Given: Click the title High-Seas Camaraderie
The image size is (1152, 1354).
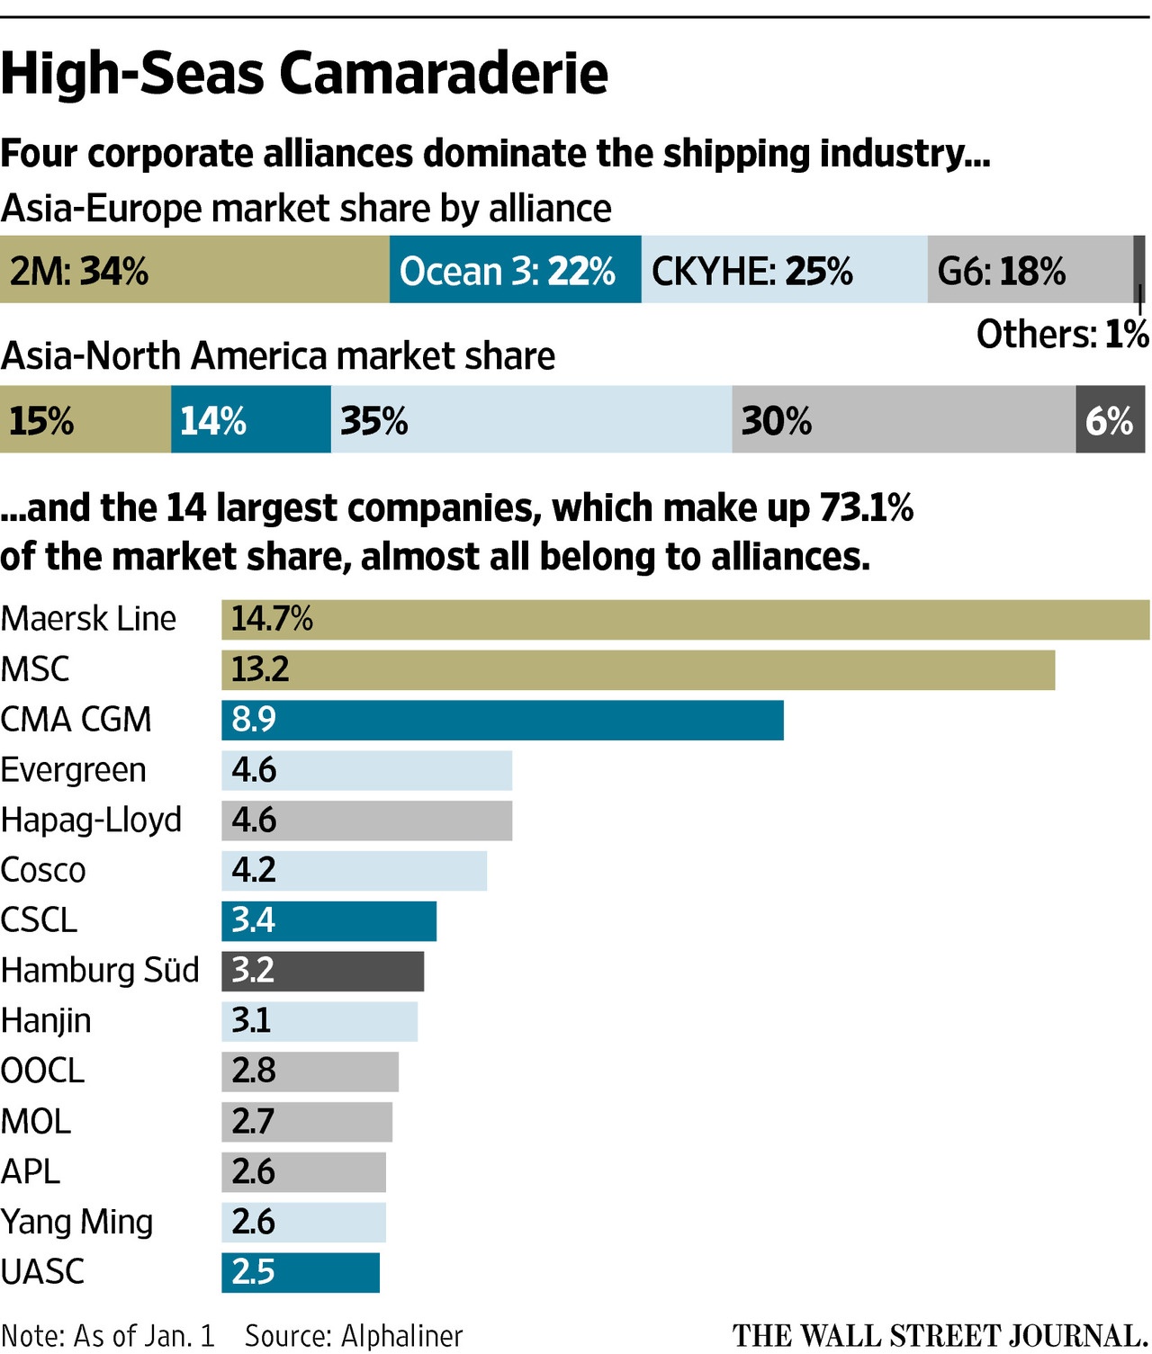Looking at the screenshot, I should [x=304, y=74].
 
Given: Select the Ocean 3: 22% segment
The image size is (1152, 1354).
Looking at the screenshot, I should [x=515, y=270].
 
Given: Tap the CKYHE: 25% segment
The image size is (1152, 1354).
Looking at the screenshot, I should [x=784, y=270].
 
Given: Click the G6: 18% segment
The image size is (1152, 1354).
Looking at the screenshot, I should [x=1030, y=270].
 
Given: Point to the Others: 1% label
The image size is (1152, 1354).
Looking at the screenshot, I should [x=1062, y=335].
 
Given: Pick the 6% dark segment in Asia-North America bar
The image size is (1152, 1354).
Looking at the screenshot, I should [x=1110, y=420].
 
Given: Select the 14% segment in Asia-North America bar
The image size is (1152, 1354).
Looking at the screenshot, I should [x=250, y=420].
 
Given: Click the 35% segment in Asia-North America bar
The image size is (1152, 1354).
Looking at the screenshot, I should [x=531, y=420].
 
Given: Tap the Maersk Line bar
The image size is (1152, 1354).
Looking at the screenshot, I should [x=684, y=619].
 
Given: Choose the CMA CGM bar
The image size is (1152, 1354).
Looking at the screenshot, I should [x=502, y=720].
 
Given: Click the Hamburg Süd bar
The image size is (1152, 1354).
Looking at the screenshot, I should [x=322, y=971].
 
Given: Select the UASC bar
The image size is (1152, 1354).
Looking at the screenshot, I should [x=301, y=1272].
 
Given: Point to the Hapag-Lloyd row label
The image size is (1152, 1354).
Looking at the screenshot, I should [x=91, y=820].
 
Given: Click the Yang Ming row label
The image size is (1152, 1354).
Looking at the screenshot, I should [x=76, y=1222].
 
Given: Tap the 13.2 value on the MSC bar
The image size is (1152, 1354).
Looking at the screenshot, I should [x=260, y=669].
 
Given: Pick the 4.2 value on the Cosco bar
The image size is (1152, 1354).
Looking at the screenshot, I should [x=254, y=870].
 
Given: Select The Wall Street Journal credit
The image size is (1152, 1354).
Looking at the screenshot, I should [x=939, y=1336].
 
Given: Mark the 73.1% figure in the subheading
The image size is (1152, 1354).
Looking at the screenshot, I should [x=866, y=508].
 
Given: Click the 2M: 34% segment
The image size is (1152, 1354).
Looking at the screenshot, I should [x=194, y=270].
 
